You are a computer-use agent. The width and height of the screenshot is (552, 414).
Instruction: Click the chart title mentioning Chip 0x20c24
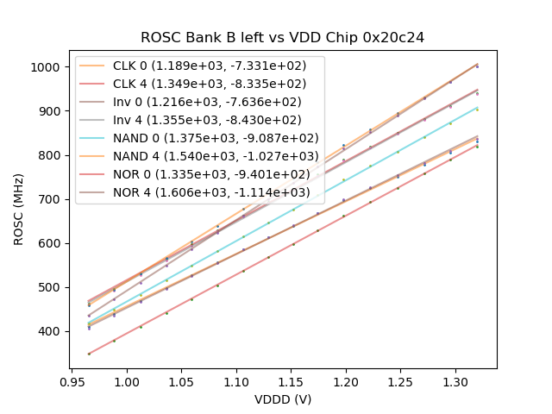point(283,37)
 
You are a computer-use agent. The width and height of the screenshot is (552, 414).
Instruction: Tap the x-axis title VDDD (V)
point(283,399)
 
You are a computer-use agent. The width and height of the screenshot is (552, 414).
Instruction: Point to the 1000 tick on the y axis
point(51,67)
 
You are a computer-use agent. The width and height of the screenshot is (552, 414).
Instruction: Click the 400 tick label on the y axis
point(53,331)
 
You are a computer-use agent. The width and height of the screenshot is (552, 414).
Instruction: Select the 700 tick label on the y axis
point(53,199)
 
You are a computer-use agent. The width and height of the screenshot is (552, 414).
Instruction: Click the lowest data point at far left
point(89,354)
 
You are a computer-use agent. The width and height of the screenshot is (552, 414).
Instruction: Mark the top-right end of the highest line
point(477,64)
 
